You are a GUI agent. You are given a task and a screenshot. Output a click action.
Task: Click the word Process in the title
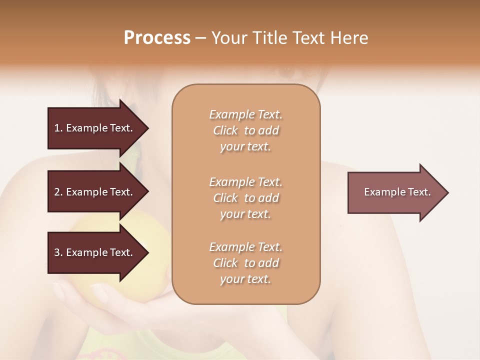coord(157,38)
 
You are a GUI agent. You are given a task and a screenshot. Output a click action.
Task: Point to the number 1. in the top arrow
coord(58,128)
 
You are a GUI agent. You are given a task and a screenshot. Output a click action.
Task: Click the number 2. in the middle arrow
coord(58,192)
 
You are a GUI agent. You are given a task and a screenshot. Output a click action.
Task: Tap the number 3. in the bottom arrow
coord(58,252)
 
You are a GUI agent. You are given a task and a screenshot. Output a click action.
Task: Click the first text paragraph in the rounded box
coord(245,130)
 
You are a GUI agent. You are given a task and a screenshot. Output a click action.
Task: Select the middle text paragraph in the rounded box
coord(245,198)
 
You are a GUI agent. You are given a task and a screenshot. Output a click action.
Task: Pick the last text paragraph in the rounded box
coord(245,263)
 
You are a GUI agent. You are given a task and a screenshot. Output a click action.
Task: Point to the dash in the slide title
coord(200,38)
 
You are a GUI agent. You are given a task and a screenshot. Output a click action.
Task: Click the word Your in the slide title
coord(228,38)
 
